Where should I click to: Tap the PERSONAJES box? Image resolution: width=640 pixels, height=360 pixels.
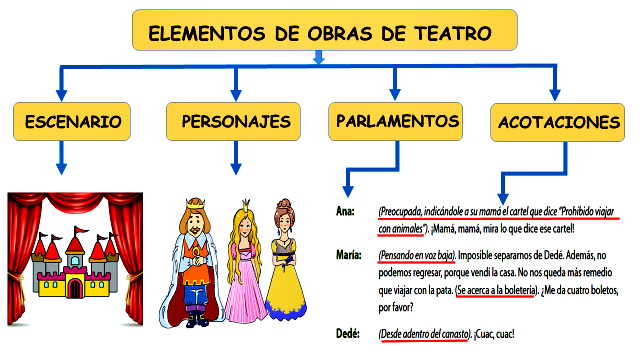236,121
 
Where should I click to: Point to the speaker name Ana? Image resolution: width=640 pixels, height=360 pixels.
345,213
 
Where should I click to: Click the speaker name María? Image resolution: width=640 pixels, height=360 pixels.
350,255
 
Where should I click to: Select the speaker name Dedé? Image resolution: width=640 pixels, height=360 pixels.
349,333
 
